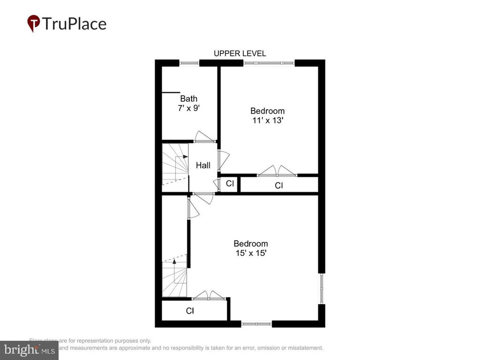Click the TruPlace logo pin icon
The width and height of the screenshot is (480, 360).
[x=33, y=23]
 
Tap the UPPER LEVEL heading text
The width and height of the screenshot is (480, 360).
[x=240, y=53]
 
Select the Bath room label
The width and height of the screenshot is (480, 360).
[x=188, y=99]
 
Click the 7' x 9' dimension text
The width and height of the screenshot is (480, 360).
[x=188, y=108]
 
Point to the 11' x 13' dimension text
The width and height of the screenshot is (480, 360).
[x=267, y=120]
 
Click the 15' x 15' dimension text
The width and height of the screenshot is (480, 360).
[x=251, y=253]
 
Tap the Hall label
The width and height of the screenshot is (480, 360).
[x=203, y=165]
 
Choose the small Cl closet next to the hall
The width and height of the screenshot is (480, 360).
[x=230, y=184]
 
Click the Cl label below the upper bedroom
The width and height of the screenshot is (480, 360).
[x=279, y=186]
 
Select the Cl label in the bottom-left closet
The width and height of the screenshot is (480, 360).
[x=190, y=311]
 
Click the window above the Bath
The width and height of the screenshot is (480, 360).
[x=189, y=63]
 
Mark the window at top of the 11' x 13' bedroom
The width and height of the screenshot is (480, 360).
[x=269, y=63]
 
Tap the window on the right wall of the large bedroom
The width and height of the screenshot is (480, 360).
[x=322, y=288]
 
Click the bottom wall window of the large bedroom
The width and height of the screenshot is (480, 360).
[x=256, y=323]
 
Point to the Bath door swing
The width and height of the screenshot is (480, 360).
[x=204, y=137]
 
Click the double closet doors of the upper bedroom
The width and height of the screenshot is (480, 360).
[x=277, y=171]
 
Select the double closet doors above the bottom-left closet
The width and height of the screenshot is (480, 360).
[x=209, y=295]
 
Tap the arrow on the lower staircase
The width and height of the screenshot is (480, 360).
[x=174, y=261]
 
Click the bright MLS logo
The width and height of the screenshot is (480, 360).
[x=29, y=350]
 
